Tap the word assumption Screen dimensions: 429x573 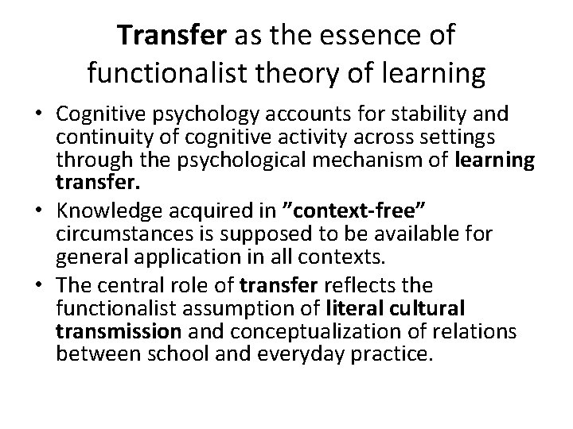click(x=240, y=307)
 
